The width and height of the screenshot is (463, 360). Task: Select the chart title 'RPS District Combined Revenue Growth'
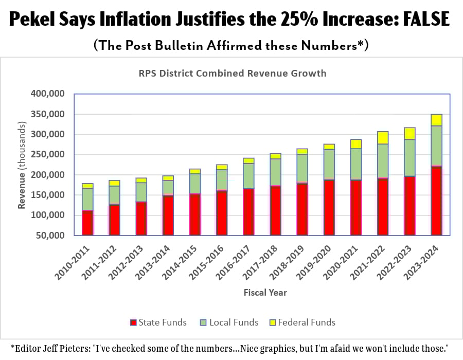233,73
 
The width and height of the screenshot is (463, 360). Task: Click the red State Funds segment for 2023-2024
436,201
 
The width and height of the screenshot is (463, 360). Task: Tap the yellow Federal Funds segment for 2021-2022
383,137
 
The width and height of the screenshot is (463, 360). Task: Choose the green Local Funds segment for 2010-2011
87,199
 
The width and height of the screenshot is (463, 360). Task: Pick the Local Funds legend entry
230,322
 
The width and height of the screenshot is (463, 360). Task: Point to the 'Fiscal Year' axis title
265,293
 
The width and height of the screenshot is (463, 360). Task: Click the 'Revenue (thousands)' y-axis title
22,165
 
